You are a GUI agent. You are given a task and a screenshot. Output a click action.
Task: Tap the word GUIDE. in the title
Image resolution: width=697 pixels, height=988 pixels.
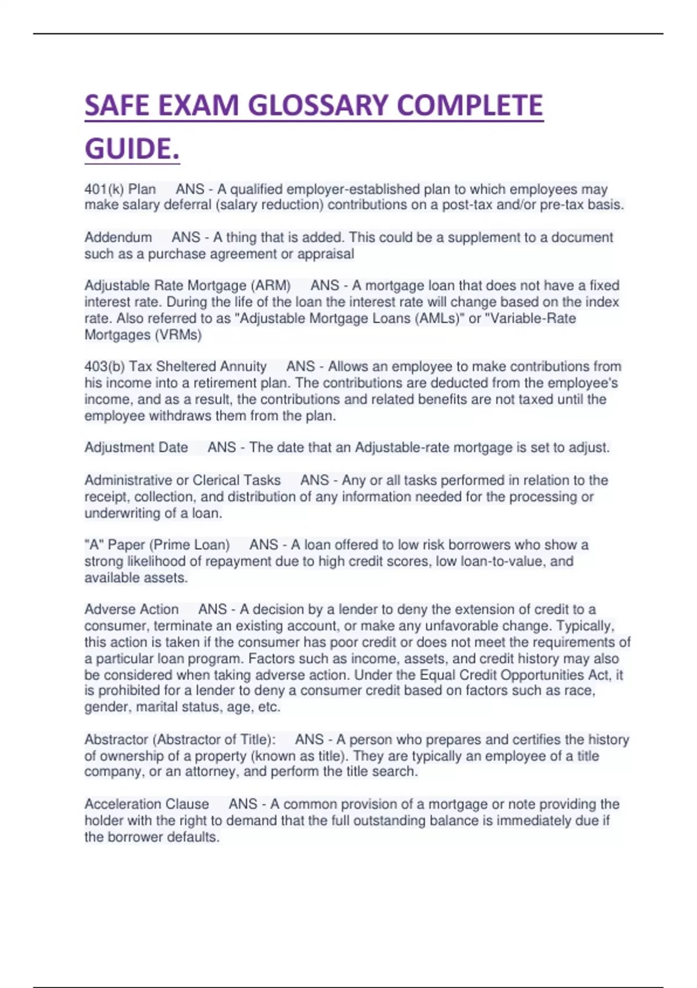[x=132, y=149]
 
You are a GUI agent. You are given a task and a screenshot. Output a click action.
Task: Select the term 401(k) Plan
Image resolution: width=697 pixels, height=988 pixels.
[x=120, y=189]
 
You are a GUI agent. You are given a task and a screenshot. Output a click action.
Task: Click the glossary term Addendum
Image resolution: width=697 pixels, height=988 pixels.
[x=118, y=238]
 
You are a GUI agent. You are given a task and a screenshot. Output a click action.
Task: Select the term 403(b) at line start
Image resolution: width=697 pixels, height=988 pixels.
[x=105, y=367]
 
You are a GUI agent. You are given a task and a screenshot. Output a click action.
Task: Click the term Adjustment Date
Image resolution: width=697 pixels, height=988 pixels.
[x=136, y=448]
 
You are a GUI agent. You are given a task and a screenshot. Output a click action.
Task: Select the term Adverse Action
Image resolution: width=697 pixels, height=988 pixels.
[x=131, y=610]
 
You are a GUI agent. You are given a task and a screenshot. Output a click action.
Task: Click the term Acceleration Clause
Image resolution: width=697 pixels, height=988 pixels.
[x=146, y=804]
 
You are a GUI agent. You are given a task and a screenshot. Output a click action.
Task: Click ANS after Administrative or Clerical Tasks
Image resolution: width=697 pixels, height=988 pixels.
[x=315, y=481]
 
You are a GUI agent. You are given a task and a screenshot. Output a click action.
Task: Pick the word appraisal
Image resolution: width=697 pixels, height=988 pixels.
[x=325, y=254]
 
